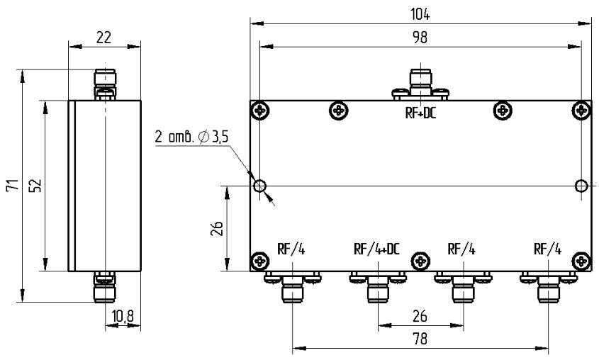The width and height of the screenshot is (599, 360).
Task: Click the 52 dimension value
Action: pyautogui.click(x=36, y=186)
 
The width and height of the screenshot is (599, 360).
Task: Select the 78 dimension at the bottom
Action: pyautogui.click(x=420, y=339)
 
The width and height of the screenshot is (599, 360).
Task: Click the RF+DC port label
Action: pyautogui.click(x=421, y=112)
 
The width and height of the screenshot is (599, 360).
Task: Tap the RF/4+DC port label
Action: pyautogui.click(x=377, y=249)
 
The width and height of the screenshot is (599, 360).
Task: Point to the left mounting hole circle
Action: pyautogui.click(x=260, y=186)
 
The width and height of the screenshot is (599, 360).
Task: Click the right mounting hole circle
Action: pyautogui.click(x=581, y=186)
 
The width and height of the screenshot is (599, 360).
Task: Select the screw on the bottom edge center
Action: pyautogui.click(x=421, y=261)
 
